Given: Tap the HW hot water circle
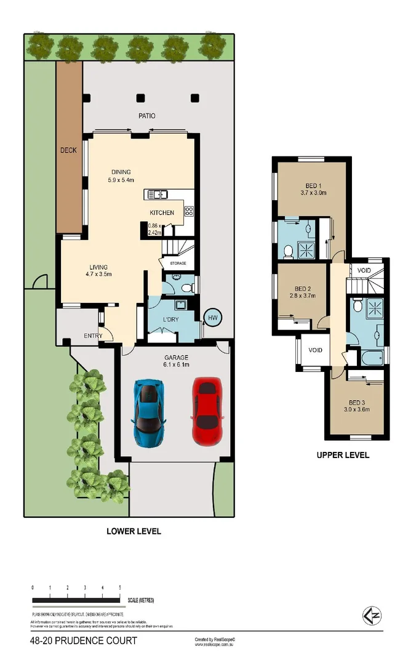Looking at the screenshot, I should coord(213,317).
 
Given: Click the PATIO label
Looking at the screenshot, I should coord(146,116).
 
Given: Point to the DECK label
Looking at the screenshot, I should coord(68,150).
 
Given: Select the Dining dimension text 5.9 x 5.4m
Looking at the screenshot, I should coord(121,181).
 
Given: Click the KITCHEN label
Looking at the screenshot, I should coord(162,213).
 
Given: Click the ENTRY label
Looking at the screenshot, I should coord(94,336).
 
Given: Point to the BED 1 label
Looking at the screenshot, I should coord(314,186).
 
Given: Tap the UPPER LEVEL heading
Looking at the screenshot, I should coord(343,456).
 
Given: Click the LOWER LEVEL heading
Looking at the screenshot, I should coord(134,531).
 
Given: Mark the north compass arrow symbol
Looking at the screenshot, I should coord(371,615).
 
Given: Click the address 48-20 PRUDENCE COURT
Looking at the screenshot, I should coord(84,641).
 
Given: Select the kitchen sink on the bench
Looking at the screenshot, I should coord(156,195).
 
